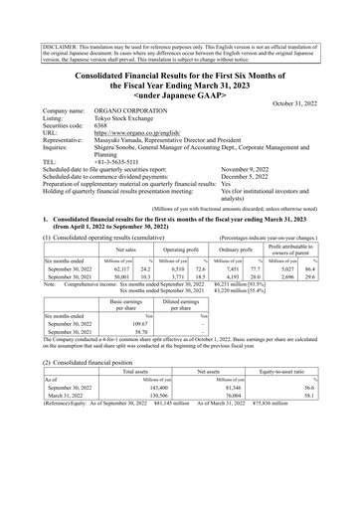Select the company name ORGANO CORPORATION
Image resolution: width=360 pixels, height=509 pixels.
click(127, 113)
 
